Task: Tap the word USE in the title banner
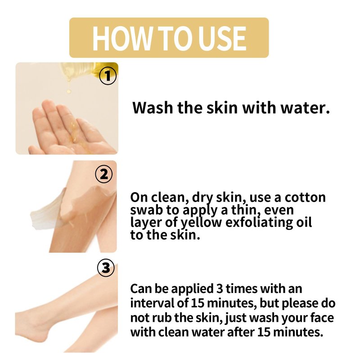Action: point(222,38)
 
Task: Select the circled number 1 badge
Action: point(108,76)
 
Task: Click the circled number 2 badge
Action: point(104,174)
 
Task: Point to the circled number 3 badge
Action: point(106,268)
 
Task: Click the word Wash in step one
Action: point(153,108)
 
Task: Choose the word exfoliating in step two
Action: point(259,222)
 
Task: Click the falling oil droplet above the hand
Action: point(68,92)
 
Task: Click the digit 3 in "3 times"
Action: point(220,288)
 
